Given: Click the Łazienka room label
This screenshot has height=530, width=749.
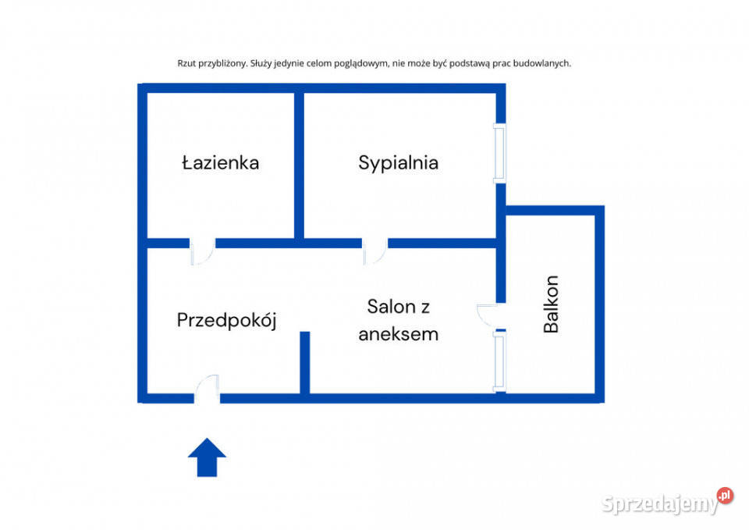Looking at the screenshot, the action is click(221, 162).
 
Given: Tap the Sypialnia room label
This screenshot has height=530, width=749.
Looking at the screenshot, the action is click(399, 163).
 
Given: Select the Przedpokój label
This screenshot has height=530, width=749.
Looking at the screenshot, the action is click(227, 320).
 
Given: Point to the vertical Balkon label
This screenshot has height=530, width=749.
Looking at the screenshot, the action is click(551, 304).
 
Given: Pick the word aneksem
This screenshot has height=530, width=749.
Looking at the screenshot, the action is click(399, 334).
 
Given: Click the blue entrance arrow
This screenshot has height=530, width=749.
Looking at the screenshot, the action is click(207, 457).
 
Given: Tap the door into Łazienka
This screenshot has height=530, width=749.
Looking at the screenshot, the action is click(203, 251).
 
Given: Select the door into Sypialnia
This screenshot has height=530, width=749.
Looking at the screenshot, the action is click(375, 251).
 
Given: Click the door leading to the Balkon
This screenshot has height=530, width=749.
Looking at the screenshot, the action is click(491, 315).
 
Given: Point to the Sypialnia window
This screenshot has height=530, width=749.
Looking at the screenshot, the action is click(499, 154).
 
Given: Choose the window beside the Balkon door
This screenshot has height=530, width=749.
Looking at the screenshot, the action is click(499, 362).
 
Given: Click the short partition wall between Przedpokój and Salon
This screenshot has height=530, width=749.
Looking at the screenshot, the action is click(305, 363).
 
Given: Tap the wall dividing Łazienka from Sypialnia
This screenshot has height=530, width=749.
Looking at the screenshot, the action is click(299, 165).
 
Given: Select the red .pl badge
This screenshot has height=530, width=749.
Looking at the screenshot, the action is click(725, 496).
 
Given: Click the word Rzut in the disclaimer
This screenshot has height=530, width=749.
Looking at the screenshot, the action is click(186, 63).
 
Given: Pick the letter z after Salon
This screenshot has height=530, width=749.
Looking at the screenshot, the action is click(424, 308).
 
